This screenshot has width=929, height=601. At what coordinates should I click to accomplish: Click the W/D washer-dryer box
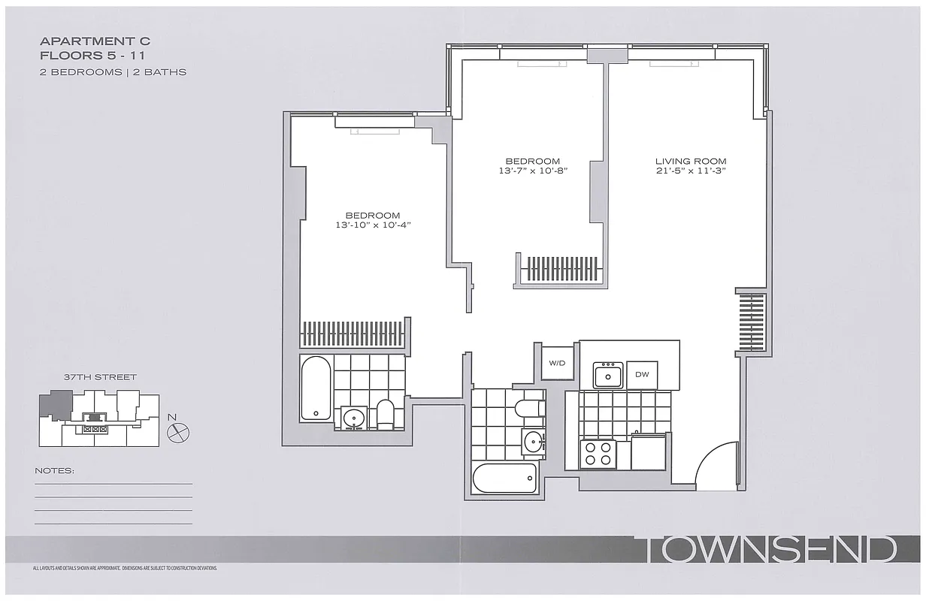click(x=557, y=363)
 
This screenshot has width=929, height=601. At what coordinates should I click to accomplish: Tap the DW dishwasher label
click(x=642, y=374)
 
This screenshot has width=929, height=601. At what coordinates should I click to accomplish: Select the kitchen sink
click(x=608, y=375)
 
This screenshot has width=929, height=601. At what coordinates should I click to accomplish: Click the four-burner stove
click(x=598, y=454)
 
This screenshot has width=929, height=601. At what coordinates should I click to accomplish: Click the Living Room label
click(x=690, y=161)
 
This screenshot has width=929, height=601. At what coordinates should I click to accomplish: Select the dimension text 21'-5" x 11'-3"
click(x=690, y=171)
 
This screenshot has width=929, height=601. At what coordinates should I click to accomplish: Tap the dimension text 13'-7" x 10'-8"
click(x=532, y=171)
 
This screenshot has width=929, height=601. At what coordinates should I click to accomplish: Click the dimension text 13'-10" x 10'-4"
click(x=374, y=225)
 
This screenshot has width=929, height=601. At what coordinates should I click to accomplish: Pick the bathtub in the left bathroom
click(x=315, y=388)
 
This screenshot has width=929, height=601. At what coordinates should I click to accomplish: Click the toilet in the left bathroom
click(x=385, y=414)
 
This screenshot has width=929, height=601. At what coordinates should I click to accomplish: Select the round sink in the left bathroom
click(x=353, y=418)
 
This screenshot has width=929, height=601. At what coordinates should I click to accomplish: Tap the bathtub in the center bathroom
click(x=505, y=478)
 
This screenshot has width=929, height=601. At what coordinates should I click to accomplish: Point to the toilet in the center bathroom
click(x=531, y=409)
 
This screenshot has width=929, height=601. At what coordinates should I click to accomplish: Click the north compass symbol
click(x=179, y=432)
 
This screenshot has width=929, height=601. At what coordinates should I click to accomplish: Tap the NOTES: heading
click(x=55, y=471)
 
